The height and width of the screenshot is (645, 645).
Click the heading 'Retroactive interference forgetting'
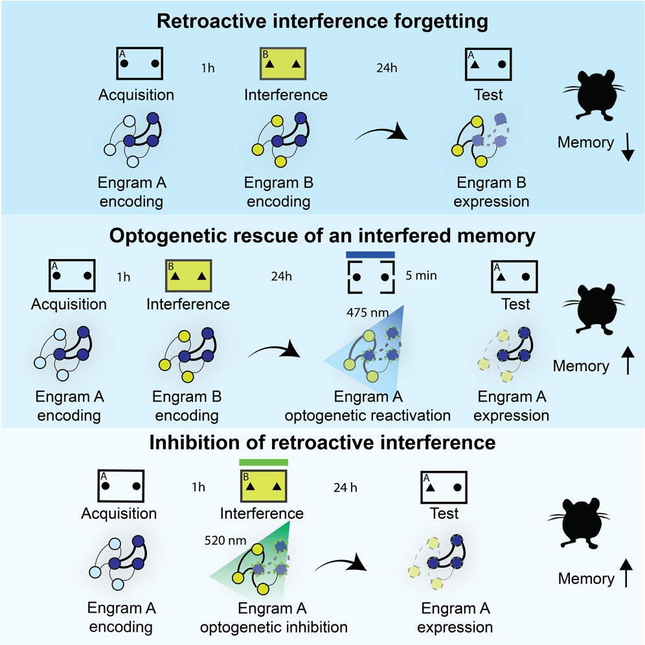(322, 21)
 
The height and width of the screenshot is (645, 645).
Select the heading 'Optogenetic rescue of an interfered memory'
(322, 236)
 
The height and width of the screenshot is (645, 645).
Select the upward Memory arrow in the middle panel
(627, 365)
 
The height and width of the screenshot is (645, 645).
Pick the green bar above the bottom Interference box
(263, 462)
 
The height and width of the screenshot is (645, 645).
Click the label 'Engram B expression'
(491, 192)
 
